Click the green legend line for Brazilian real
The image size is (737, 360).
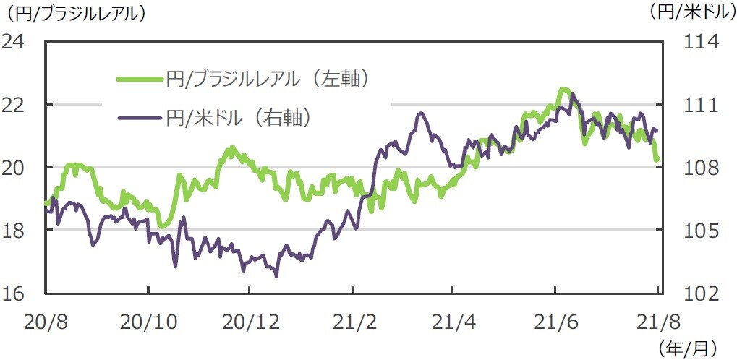(x=140, y=79)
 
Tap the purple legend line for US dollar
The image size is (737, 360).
(x=140, y=117)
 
